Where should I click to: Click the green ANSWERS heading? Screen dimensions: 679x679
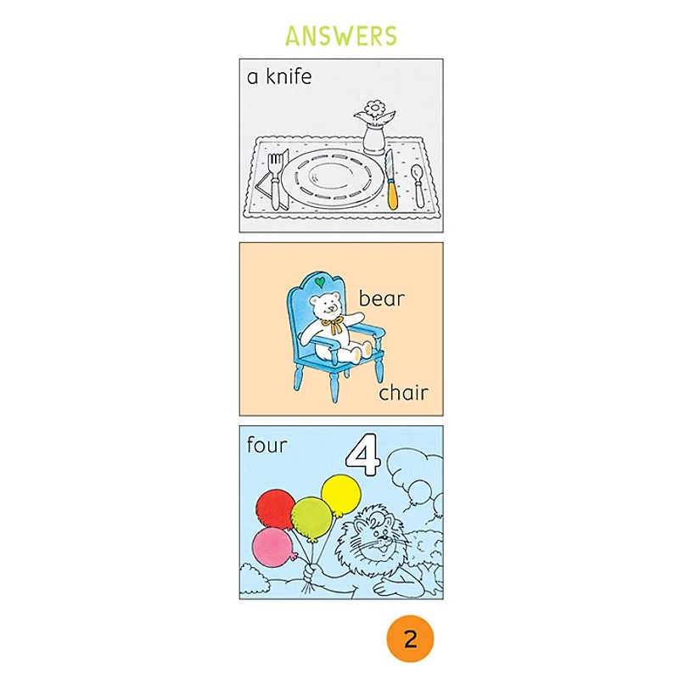(341, 36)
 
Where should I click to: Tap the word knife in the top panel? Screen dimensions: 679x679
(289, 76)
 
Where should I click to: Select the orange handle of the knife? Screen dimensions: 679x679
(392, 195)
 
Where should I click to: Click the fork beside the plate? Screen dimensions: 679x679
(275, 181)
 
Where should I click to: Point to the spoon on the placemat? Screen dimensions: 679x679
(418, 186)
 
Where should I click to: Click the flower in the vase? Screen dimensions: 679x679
(375, 109)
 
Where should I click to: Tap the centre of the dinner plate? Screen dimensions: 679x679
(333, 178)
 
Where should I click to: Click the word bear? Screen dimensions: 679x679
(381, 299)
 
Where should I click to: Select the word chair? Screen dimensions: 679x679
(403, 392)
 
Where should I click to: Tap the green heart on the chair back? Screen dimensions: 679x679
(320, 283)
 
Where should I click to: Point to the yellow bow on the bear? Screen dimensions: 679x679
(334, 324)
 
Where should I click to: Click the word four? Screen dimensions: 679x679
(267, 445)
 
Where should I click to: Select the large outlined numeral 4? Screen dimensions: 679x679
(364, 455)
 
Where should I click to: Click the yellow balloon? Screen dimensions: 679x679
(341, 496)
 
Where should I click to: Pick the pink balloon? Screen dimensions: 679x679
(273, 547)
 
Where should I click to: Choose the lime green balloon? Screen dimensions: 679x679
(311, 519)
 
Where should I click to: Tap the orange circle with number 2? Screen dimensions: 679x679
(410, 639)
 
